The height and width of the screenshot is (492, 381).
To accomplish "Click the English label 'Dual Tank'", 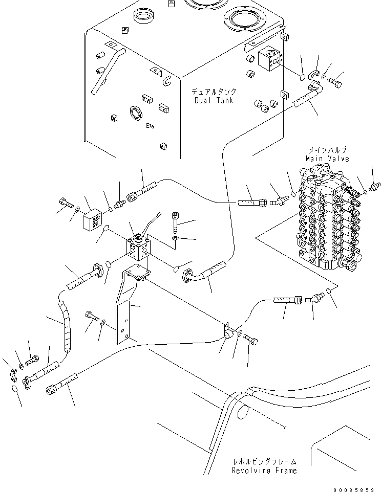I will click(214, 100).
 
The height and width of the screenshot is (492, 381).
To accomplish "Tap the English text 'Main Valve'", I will click(327, 159).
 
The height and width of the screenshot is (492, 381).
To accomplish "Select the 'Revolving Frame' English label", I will click(264, 470).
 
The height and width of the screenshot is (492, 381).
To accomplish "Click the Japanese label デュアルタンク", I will click(214, 92).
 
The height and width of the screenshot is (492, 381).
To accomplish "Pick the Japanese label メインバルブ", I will click(327, 150).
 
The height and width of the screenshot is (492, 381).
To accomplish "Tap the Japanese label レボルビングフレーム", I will click(264, 461).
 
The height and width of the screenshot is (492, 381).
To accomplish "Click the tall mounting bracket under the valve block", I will click(125, 307).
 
